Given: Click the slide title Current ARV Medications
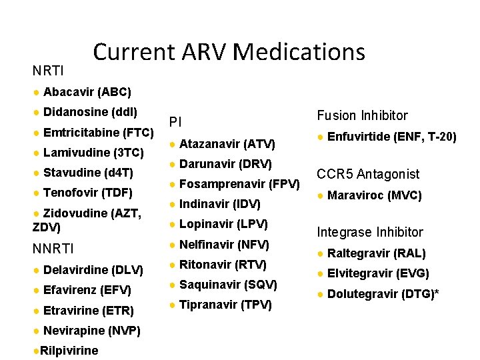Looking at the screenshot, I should (229, 52).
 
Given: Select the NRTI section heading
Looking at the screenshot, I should (48, 70).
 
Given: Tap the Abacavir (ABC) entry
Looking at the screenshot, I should (87, 91).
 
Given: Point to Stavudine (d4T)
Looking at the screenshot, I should (88, 173).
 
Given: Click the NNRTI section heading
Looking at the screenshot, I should (53, 249).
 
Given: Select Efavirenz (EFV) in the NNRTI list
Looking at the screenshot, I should (87, 290).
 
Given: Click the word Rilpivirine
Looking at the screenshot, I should (69, 351).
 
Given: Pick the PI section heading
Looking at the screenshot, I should (175, 122).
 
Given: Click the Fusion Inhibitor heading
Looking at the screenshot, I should (362, 115).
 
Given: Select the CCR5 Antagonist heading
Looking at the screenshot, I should (368, 174).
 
